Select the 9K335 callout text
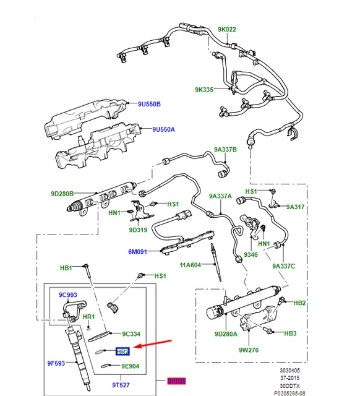point(204,90)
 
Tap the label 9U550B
point(148,104)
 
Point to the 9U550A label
point(164,129)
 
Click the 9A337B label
point(226,150)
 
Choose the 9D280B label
point(62,194)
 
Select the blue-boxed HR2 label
point(122,351)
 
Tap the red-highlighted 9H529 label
point(176,381)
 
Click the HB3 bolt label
point(290,334)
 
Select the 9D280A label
point(225,335)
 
